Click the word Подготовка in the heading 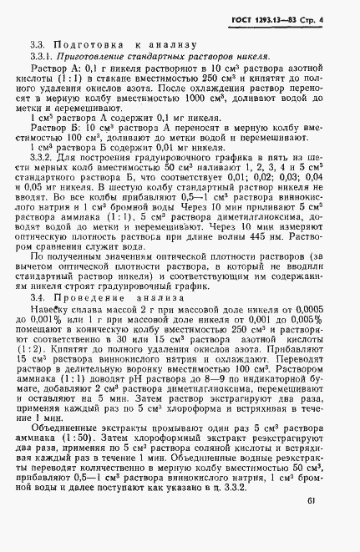pyautogui.click(x=85, y=44)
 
